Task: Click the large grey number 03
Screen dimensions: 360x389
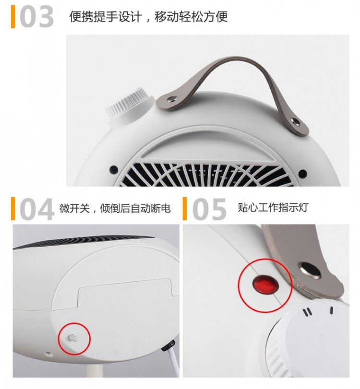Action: click(x=36, y=17)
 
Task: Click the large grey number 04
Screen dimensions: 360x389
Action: click(x=36, y=209)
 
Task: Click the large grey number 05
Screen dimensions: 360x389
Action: click(x=209, y=209)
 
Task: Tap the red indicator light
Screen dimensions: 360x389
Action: click(x=265, y=285)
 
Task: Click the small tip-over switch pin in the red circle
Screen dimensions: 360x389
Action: click(x=73, y=337)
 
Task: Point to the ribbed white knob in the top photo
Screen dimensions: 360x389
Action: click(x=127, y=106)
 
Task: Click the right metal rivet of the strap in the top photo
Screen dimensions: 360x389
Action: click(x=297, y=121)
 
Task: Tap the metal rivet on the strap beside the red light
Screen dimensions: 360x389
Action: click(x=310, y=270)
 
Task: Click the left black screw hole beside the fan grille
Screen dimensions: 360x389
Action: click(x=114, y=170)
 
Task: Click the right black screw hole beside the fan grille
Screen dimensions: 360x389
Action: click(x=302, y=174)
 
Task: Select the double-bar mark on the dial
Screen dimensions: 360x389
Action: click(x=307, y=312)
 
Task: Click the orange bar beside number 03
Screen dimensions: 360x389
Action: click(x=13, y=17)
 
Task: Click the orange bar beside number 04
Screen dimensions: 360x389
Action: click(x=13, y=209)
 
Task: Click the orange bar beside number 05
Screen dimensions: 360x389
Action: click(x=185, y=209)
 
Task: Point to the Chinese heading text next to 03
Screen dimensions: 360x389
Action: click(x=148, y=17)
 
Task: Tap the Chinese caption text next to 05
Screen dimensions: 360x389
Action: click(x=273, y=207)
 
